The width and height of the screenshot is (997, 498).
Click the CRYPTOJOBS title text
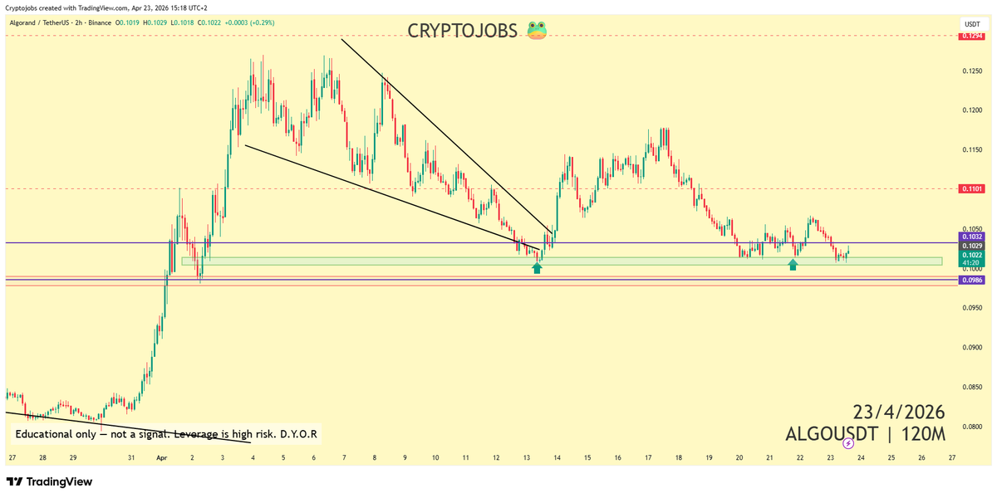464,31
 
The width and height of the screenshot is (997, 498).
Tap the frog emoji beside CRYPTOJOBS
536,31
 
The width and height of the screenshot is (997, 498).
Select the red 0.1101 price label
973,189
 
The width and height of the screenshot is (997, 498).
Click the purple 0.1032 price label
973,237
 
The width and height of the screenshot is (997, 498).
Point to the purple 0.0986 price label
973,281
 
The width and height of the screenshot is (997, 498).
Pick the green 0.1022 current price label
973,255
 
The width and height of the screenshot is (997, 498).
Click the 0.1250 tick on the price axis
973,71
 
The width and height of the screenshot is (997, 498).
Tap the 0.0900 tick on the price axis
973,348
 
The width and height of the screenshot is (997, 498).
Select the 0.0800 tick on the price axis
973,427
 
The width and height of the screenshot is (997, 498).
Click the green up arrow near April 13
537,267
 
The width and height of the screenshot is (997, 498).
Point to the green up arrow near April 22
793,265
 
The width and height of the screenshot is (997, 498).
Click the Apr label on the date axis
161,457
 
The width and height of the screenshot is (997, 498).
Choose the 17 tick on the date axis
648,457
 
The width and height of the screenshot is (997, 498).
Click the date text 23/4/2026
899,413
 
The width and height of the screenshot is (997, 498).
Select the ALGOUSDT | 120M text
865,433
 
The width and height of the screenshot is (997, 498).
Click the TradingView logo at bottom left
50,482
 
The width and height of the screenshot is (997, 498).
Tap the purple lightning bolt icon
848,443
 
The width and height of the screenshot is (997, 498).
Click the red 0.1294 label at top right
973,36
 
